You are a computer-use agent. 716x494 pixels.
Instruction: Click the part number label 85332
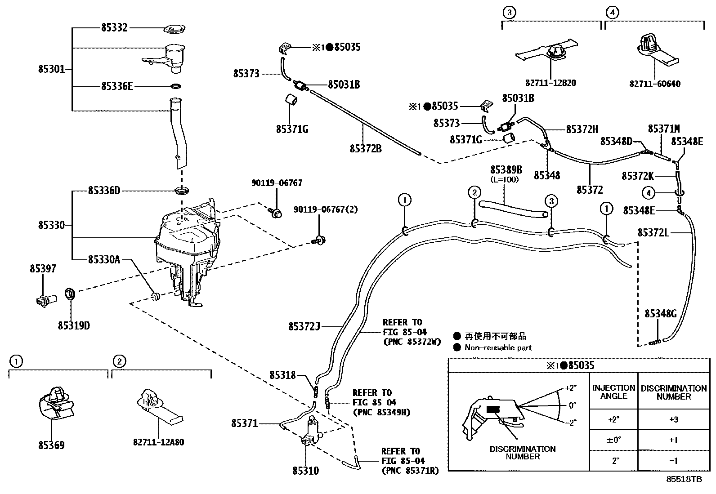click(x=114, y=28)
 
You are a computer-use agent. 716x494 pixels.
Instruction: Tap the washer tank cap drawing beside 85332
click(x=175, y=30)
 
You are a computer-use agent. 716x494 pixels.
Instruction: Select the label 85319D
click(x=73, y=325)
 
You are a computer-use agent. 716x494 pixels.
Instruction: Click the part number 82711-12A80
click(x=158, y=442)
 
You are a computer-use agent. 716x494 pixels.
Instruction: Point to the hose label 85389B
click(x=506, y=170)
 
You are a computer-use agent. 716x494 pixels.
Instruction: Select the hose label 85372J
click(x=304, y=326)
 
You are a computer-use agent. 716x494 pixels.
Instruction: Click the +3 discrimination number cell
click(x=673, y=419)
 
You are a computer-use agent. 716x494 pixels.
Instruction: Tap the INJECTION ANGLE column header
click(x=613, y=392)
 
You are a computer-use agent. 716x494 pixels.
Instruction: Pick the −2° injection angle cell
click(x=613, y=461)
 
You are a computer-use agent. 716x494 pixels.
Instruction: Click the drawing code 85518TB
click(x=684, y=480)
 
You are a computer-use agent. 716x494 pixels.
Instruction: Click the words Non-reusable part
click(x=498, y=347)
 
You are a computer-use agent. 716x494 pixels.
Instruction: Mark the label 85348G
click(x=661, y=314)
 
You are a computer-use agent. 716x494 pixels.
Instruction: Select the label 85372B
click(x=365, y=148)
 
